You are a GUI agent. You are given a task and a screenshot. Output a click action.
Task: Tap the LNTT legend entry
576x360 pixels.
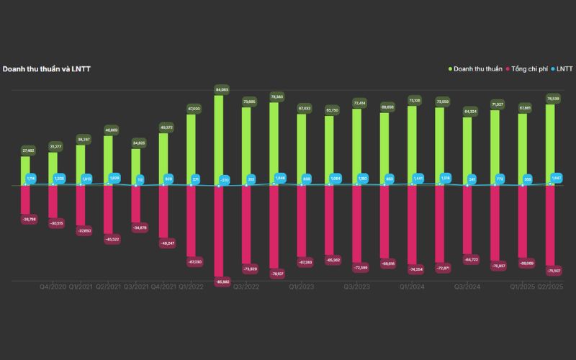(562, 69)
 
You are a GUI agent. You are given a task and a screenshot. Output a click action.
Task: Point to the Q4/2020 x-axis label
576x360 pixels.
(53, 287)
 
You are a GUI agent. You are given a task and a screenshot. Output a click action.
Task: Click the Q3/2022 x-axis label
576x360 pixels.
(246, 287)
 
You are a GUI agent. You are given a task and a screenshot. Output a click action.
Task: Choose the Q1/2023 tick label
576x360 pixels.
(302, 287)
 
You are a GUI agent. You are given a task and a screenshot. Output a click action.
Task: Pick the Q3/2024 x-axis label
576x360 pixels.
(467, 287)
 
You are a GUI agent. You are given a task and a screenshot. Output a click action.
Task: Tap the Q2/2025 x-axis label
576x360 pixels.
(551, 287)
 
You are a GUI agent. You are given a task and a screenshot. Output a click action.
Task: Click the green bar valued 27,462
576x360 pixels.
(25, 171)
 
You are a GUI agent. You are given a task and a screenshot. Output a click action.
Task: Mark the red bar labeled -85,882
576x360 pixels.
(219, 230)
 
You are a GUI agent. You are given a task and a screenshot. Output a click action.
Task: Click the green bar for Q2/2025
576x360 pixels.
(551, 145)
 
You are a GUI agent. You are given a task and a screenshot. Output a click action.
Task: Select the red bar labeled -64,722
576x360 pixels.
(467, 220)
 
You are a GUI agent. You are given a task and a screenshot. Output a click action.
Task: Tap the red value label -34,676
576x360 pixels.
(136, 228)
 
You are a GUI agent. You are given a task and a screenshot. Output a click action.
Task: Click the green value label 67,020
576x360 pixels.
(192, 109)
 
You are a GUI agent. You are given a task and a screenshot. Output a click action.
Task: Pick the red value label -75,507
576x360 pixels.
(551, 271)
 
